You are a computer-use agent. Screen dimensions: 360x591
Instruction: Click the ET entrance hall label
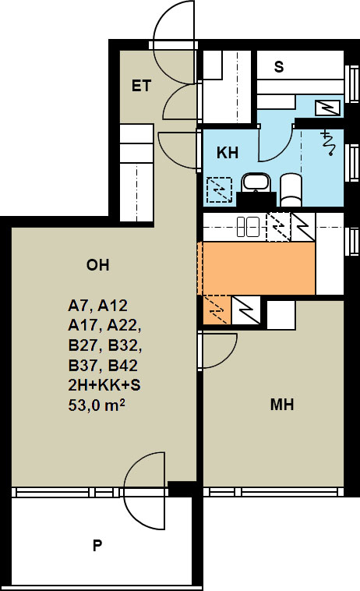click(x=141, y=86)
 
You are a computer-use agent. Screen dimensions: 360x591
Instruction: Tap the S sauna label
click(x=279, y=67)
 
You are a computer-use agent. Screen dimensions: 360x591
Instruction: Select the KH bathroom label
click(x=228, y=153)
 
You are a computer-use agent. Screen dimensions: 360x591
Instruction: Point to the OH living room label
click(x=98, y=265)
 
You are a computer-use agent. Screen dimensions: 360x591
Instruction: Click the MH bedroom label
click(x=282, y=405)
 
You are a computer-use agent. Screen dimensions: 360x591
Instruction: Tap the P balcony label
click(x=97, y=545)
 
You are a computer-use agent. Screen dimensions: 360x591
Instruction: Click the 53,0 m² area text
click(x=97, y=405)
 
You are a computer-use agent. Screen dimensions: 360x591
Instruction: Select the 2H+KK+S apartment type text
click(x=104, y=385)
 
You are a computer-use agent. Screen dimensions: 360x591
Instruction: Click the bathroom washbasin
click(x=256, y=182)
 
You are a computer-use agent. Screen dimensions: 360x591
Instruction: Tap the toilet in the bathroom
click(x=291, y=189)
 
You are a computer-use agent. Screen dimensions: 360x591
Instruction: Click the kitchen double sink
click(x=248, y=227)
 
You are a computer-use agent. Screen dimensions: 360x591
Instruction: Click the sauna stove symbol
click(x=328, y=108)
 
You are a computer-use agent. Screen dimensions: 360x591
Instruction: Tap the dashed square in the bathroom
click(x=219, y=189)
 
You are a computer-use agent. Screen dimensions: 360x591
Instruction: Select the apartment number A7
click(x=79, y=306)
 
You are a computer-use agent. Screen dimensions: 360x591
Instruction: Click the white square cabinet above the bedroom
click(x=281, y=314)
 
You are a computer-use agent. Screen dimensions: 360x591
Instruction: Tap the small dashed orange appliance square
click(x=216, y=310)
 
